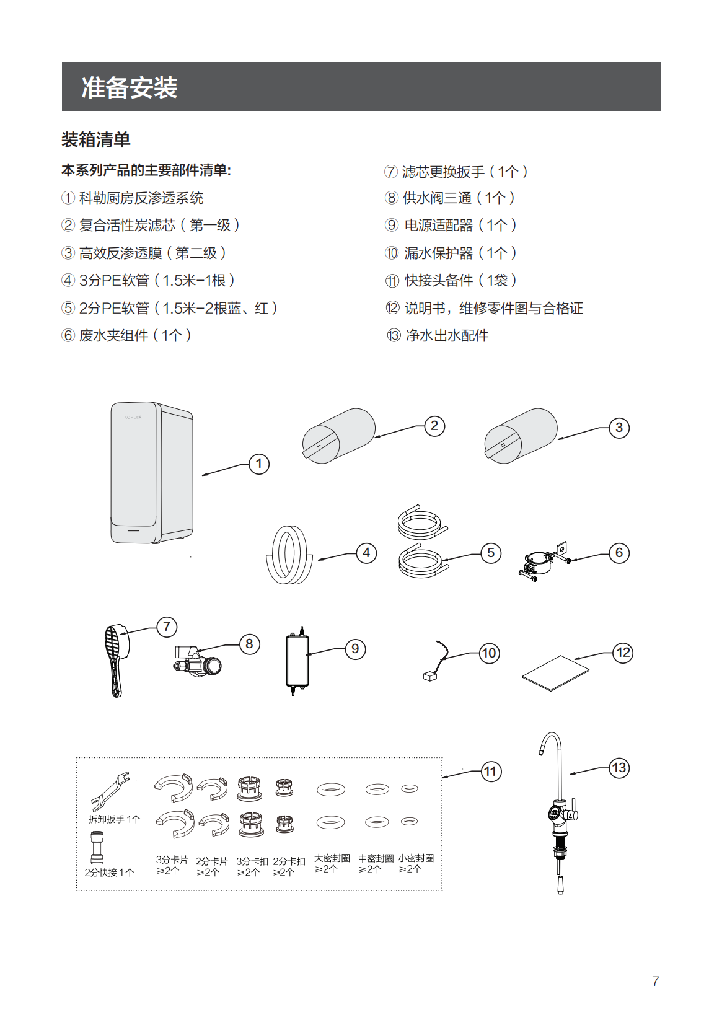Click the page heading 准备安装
(x=130, y=87)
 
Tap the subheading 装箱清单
(x=96, y=140)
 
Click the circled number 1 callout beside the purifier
(x=259, y=464)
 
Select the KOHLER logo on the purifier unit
(x=133, y=417)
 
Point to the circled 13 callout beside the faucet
(x=619, y=768)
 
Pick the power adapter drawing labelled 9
(x=297, y=661)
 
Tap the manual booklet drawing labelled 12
(x=555, y=672)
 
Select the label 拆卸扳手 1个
(x=115, y=819)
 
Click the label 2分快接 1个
(x=110, y=873)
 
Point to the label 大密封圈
(x=332, y=858)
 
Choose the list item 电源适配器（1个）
(x=460, y=226)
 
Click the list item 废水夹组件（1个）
(x=134, y=336)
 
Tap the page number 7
(x=656, y=981)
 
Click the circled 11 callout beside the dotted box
(x=491, y=772)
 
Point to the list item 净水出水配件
(x=446, y=336)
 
